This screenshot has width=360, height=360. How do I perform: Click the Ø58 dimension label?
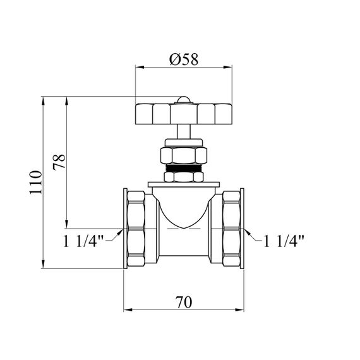click(x=184, y=59)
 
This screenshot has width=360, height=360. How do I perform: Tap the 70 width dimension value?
click(x=184, y=303)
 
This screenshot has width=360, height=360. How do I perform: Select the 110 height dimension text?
click(x=36, y=183)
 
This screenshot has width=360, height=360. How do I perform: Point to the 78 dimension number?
click(x=59, y=162)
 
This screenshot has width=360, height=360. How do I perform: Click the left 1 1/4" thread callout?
click(x=83, y=241)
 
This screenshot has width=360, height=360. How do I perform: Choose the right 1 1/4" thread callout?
click(x=284, y=241)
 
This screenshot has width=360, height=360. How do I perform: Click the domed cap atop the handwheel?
click(x=183, y=100)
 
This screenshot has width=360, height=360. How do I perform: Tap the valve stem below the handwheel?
click(x=184, y=131)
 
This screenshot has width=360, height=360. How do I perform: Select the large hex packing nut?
click(x=183, y=155)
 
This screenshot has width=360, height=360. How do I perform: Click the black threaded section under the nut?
click(x=183, y=168)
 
